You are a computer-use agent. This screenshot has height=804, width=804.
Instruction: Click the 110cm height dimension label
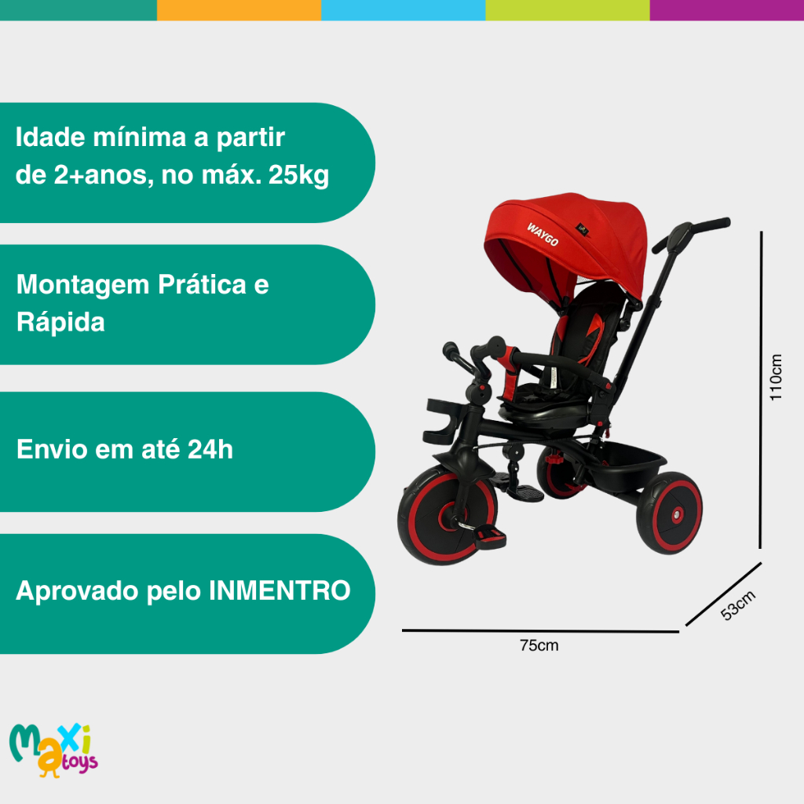click(776, 377)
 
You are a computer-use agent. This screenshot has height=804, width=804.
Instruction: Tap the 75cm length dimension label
click(539, 645)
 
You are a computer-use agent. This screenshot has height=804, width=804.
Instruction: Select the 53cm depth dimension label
click(738, 605)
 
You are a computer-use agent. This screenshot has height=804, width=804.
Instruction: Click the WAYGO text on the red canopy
click(543, 234)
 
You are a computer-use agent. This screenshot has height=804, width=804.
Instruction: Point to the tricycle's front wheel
click(447, 515)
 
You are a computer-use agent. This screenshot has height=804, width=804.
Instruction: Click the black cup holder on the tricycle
click(442, 421)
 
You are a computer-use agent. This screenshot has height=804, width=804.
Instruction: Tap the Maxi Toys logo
click(53, 750)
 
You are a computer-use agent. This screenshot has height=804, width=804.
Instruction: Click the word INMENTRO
click(280, 590)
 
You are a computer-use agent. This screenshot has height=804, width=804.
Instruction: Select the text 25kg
click(298, 176)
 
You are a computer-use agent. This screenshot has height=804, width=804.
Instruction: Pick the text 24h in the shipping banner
click(210, 449)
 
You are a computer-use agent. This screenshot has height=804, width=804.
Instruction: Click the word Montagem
click(82, 285)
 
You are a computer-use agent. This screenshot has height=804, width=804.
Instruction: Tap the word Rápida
click(60, 323)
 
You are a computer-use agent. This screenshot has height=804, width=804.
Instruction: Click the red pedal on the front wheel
click(489, 536)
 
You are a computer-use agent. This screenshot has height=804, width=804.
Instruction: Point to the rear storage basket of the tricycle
click(630, 463)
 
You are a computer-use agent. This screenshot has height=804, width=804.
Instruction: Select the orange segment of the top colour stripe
click(239, 10)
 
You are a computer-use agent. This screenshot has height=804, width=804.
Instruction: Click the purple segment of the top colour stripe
click(726, 10)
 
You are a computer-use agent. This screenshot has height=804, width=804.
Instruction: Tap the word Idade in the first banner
click(50, 137)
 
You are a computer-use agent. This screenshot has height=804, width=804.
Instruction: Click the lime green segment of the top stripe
click(568, 10)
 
